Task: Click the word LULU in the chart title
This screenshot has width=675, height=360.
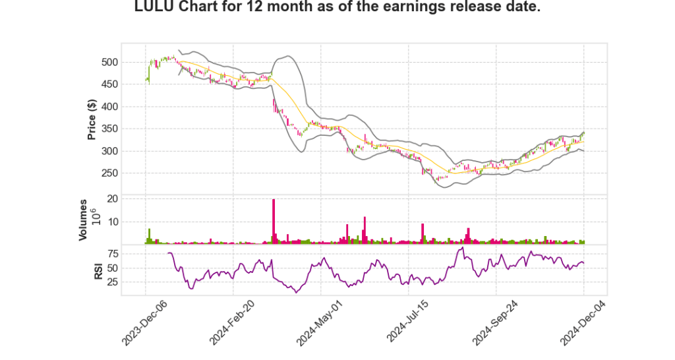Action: (153, 9)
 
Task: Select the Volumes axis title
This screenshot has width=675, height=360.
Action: (83, 220)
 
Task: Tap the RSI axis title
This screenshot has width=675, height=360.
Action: (98, 271)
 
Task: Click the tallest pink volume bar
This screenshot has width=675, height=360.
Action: (274, 222)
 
